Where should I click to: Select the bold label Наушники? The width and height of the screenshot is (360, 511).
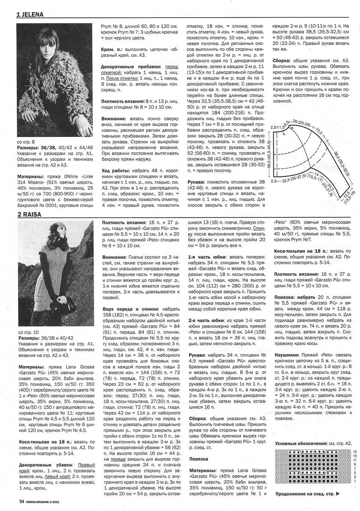287,354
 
